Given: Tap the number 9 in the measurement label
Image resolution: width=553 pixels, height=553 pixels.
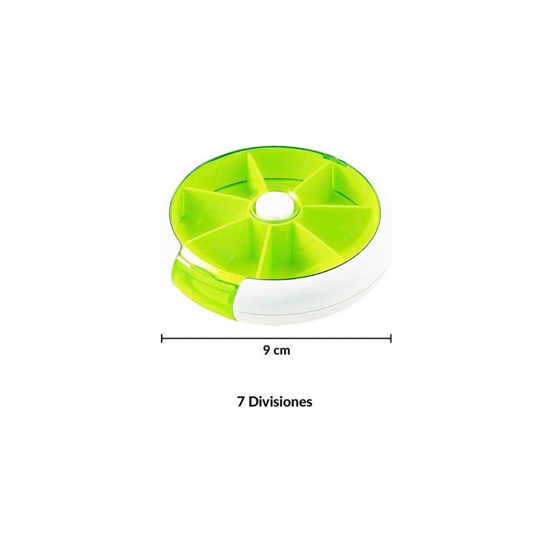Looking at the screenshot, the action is (x=267, y=350).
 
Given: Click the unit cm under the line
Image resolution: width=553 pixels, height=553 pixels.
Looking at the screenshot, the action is (x=282, y=351).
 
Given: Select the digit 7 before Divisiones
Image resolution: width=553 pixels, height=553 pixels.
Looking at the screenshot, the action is (x=241, y=402).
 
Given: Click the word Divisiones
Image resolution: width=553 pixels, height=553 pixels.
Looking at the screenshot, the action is (x=281, y=402).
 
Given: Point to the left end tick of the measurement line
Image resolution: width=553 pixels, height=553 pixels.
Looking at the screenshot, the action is (x=162, y=339).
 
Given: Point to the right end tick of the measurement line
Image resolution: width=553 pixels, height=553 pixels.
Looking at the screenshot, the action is (x=391, y=339).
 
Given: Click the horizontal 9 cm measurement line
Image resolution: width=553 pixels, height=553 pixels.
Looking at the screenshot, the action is (x=276, y=339).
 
